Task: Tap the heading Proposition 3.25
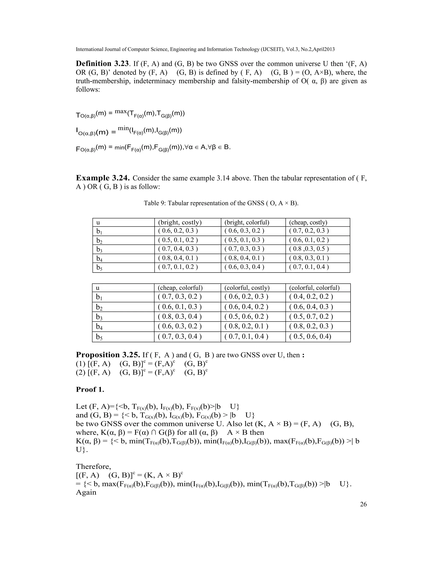(x=108, y=355)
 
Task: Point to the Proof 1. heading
(x=90, y=390)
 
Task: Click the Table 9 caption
(x=221, y=203)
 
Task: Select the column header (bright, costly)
(x=180, y=222)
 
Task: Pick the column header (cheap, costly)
(x=308, y=222)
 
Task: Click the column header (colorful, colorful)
(x=314, y=288)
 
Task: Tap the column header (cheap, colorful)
(x=180, y=288)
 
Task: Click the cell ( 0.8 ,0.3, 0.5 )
(x=309, y=249)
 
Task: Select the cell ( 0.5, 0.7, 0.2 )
(x=311, y=317)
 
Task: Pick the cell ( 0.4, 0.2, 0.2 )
(x=311, y=296)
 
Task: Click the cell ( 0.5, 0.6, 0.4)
(x=310, y=336)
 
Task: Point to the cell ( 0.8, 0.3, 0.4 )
(x=180, y=317)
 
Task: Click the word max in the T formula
(x=121, y=111)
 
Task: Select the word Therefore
(x=93, y=466)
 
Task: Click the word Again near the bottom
(x=86, y=492)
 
